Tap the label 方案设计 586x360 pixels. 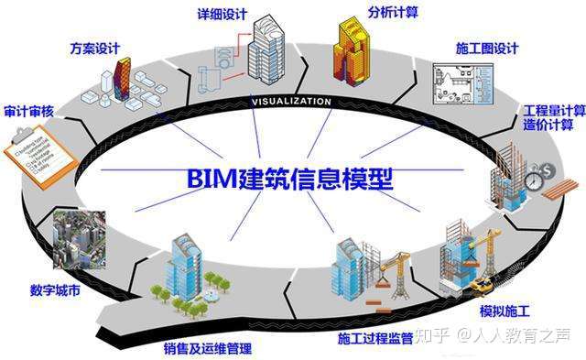click(95, 46)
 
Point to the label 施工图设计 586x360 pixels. click(488, 49)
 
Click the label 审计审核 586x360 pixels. click(28, 111)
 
